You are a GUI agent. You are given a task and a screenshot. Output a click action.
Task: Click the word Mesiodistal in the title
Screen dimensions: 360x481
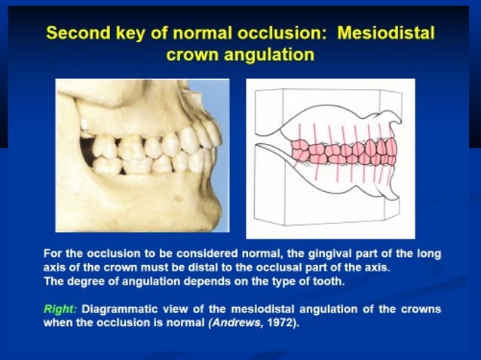pos(386,34)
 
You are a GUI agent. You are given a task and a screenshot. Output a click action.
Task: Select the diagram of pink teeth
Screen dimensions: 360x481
pos(330,158)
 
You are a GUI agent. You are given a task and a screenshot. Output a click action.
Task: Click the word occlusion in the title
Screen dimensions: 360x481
pos(283,34)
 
